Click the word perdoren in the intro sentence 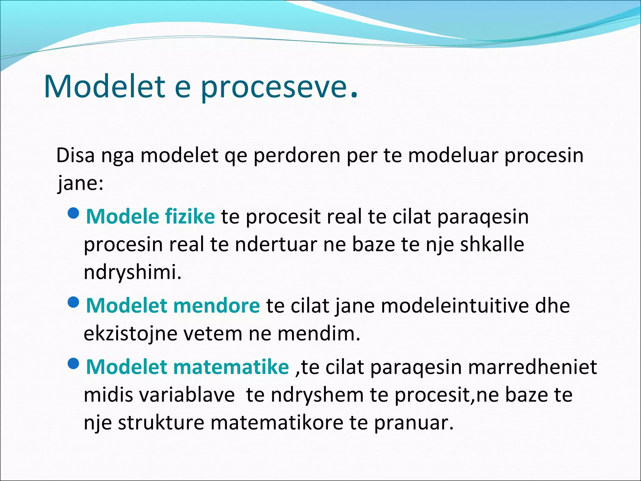pos(297,156)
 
